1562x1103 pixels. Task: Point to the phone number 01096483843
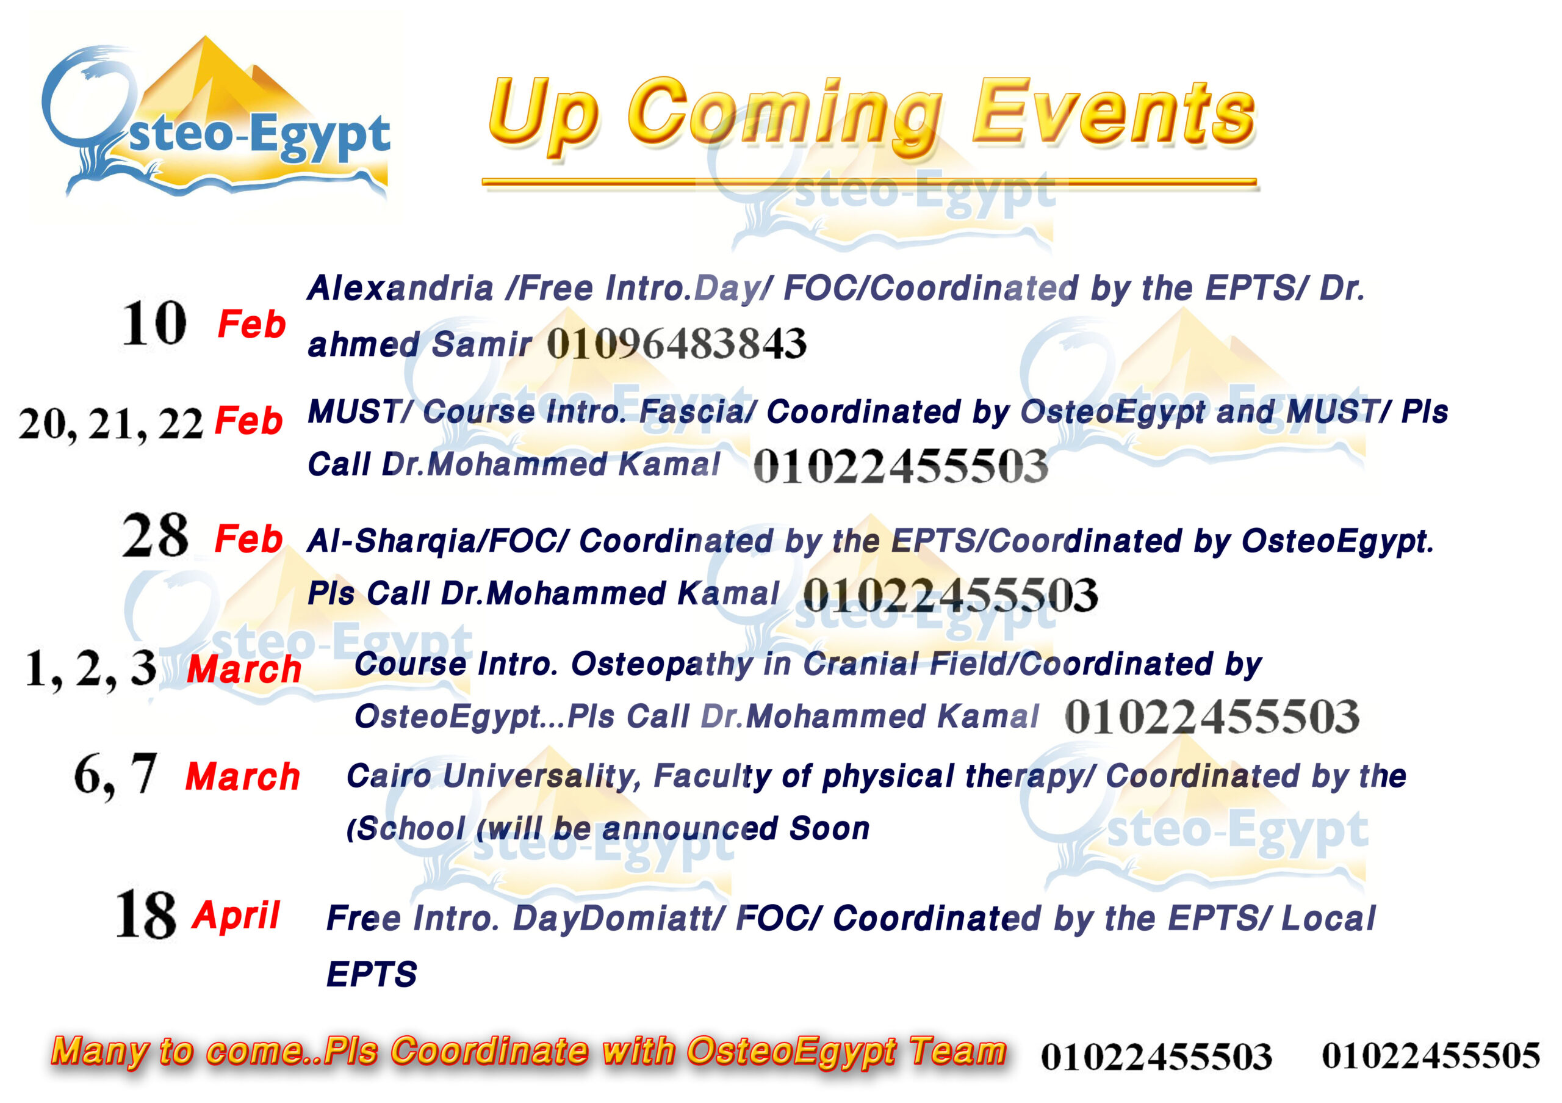pos(676,343)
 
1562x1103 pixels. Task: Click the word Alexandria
pos(400,288)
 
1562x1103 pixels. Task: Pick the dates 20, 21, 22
pos(111,423)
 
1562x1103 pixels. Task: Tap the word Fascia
pos(697,411)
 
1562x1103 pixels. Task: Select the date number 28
pos(155,535)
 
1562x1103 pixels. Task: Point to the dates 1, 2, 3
pos(90,669)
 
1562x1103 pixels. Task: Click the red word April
pos(236,915)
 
